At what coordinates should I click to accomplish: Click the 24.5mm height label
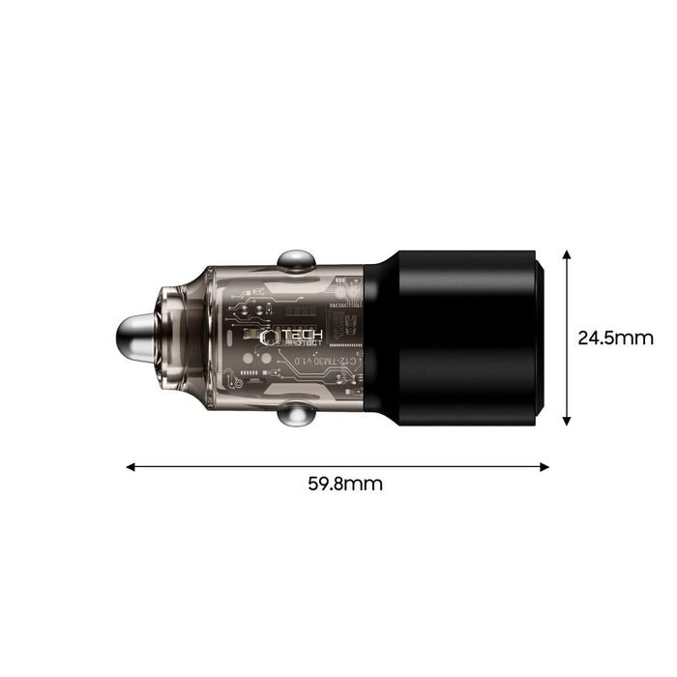[616, 338]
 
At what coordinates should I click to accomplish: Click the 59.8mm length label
[338, 484]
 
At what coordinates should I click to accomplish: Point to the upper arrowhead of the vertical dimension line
[567, 252]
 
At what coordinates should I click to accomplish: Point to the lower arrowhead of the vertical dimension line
[567, 421]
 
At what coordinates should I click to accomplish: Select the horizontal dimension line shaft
[338, 466]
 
